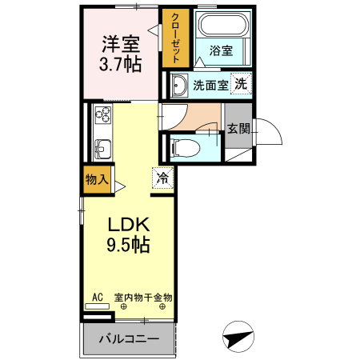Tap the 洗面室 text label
point(210,86)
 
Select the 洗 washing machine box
point(241,84)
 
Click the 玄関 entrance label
point(238,128)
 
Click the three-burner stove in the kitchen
point(103,116)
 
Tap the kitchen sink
point(103,148)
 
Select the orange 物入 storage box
point(97,179)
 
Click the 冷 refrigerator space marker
point(162,178)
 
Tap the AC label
point(98,298)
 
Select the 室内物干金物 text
point(143,298)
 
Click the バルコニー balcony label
point(128,340)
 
